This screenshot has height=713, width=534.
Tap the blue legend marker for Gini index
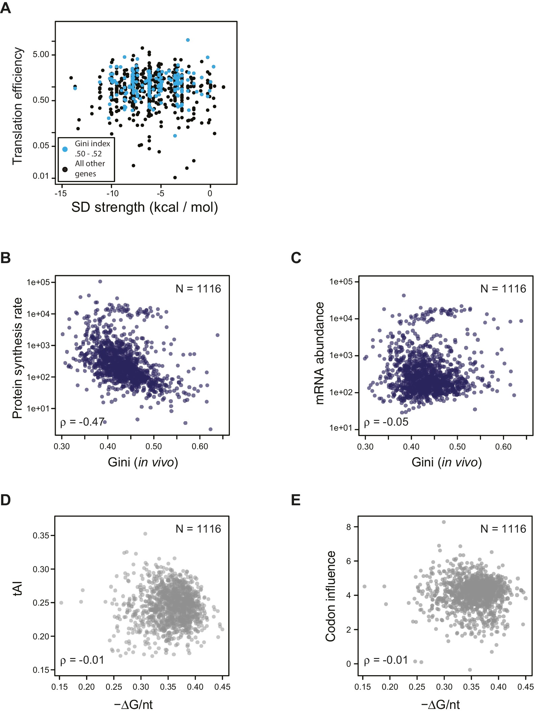(x=65, y=149)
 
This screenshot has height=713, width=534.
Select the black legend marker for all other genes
(x=65, y=169)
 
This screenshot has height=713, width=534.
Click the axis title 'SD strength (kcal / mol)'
(x=144, y=207)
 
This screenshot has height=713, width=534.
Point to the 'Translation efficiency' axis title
(x=17, y=106)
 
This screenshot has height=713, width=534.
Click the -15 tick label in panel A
(x=60, y=194)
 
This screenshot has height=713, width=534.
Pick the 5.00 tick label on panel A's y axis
(x=41, y=54)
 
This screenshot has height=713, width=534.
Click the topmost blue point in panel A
(x=188, y=40)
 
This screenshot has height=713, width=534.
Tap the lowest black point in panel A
(x=175, y=177)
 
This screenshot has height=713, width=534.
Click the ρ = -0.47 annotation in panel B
(x=82, y=422)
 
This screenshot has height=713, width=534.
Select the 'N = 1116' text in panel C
(x=503, y=289)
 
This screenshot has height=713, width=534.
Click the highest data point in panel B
(x=100, y=281)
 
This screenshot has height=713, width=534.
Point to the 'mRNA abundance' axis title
(x=319, y=353)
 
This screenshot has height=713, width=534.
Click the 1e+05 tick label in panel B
(x=38, y=282)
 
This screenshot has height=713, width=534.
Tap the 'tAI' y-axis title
(x=17, y=589)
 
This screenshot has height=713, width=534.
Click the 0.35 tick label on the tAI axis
(x=41, y=535)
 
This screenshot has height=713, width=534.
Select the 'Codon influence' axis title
(x=330, y=596)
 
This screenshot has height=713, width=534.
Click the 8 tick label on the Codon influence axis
(x=348, y=527)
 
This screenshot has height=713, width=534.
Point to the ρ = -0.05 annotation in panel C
(x=386, y=422)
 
